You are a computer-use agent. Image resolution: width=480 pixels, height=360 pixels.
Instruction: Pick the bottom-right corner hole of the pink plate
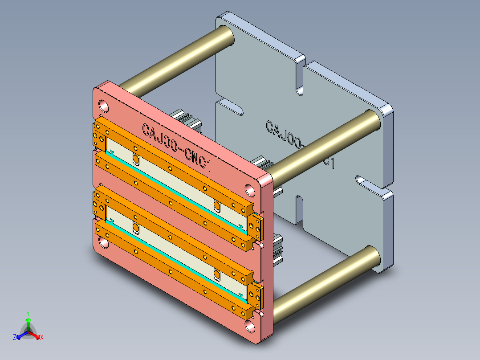coord(250,326)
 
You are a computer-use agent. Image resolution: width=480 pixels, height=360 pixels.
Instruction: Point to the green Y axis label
coord(28,313)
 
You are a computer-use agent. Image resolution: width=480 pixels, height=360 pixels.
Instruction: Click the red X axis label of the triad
coord(42,338)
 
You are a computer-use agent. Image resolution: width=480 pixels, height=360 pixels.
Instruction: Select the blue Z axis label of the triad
coord(15,338)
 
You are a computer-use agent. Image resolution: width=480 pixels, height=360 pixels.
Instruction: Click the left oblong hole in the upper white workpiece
coord(136,158)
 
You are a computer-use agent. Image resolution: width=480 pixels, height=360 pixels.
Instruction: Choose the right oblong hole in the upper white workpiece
coord(217,205)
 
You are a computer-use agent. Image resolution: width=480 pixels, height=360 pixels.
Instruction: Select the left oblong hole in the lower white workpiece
coord(136,229)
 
